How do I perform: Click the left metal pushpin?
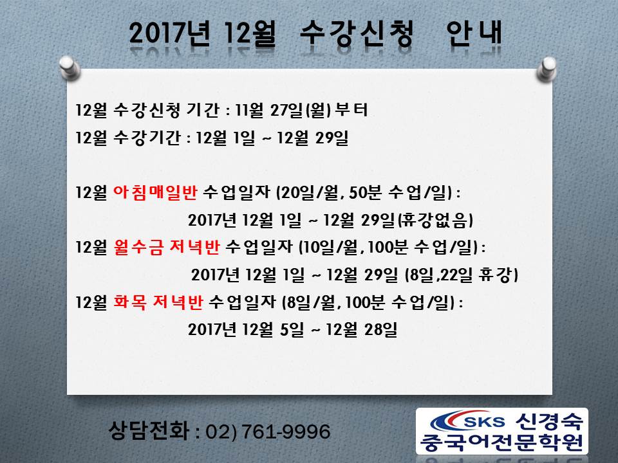click(x=70, y=68)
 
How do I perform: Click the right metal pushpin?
click(x=547, y=69)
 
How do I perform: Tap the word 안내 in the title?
click(x=474, y=33)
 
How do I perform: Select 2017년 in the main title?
click(x=169, y=33)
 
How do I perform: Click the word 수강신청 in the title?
click(x=357, y=33)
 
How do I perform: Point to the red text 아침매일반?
click(x=155, y=192)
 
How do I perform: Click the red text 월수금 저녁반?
click(x=166, y=247)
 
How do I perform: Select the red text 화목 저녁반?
click(x=158, y=302)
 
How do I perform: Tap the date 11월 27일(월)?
click(x=283, y=110)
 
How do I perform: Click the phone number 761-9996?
click(x=286, y=431)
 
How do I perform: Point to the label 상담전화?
click(x=149, y=431)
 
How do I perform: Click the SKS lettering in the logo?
click(x=484, y=422)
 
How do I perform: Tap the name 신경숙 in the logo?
click(x=549, y=421)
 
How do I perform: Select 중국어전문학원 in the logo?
click(x=501, y=442)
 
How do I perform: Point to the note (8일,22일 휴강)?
click(x=462, y=275)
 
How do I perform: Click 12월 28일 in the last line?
click(x=361, y=329)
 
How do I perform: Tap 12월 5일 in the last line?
click(x=273, y=329)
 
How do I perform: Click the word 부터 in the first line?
click(x=351, y=110)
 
